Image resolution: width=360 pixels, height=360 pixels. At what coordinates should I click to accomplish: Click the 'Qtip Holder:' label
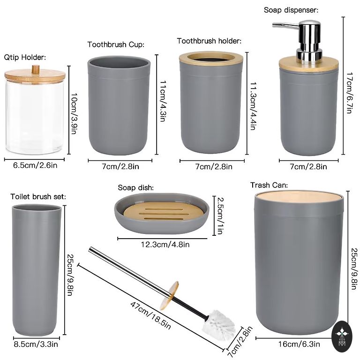click(25, 57)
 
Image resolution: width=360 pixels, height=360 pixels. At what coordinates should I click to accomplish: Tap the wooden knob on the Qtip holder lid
click(35, 69)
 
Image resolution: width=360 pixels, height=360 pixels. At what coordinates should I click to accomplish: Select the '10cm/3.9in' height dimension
click(74, 113)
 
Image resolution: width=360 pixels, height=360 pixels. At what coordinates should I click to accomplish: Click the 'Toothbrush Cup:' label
click(116, 45)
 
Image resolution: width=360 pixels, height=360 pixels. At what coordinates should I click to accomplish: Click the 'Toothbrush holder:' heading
click(209, 41)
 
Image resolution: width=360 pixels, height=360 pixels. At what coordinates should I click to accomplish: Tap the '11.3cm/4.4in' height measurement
click(253, 106)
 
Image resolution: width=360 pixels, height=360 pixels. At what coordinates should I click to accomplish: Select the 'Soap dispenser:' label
click(291, 10)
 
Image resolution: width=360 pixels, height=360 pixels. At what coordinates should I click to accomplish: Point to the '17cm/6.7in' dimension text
click(349, 93)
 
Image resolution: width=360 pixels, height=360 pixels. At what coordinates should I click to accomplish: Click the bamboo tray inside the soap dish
click(163, 211)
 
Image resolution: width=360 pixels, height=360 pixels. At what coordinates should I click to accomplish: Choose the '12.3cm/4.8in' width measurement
click(165, 245)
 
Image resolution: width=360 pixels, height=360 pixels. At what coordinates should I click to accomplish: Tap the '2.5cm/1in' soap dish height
click(220, 216)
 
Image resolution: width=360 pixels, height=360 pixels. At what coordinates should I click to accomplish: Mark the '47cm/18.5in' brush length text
click(150, 315)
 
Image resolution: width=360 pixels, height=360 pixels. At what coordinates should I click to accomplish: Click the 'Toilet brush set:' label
click(38, 197)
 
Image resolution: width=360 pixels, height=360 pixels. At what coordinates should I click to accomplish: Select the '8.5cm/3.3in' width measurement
click(36, 345)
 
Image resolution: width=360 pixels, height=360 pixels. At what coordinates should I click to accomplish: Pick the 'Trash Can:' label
click(269, 185)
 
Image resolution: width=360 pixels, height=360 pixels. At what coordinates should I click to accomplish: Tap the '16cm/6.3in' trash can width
click(299, 344)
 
